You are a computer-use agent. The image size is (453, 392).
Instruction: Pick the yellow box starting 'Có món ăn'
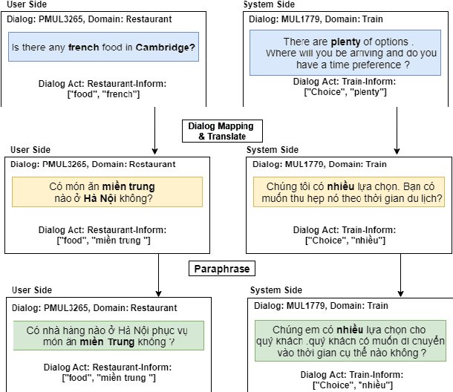pos(106,192)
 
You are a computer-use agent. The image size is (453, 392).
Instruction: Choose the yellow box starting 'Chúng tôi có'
pos(349,191)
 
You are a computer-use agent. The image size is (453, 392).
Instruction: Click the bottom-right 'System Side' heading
pos(276,290)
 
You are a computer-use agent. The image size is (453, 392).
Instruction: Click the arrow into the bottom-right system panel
pos(401,278)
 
